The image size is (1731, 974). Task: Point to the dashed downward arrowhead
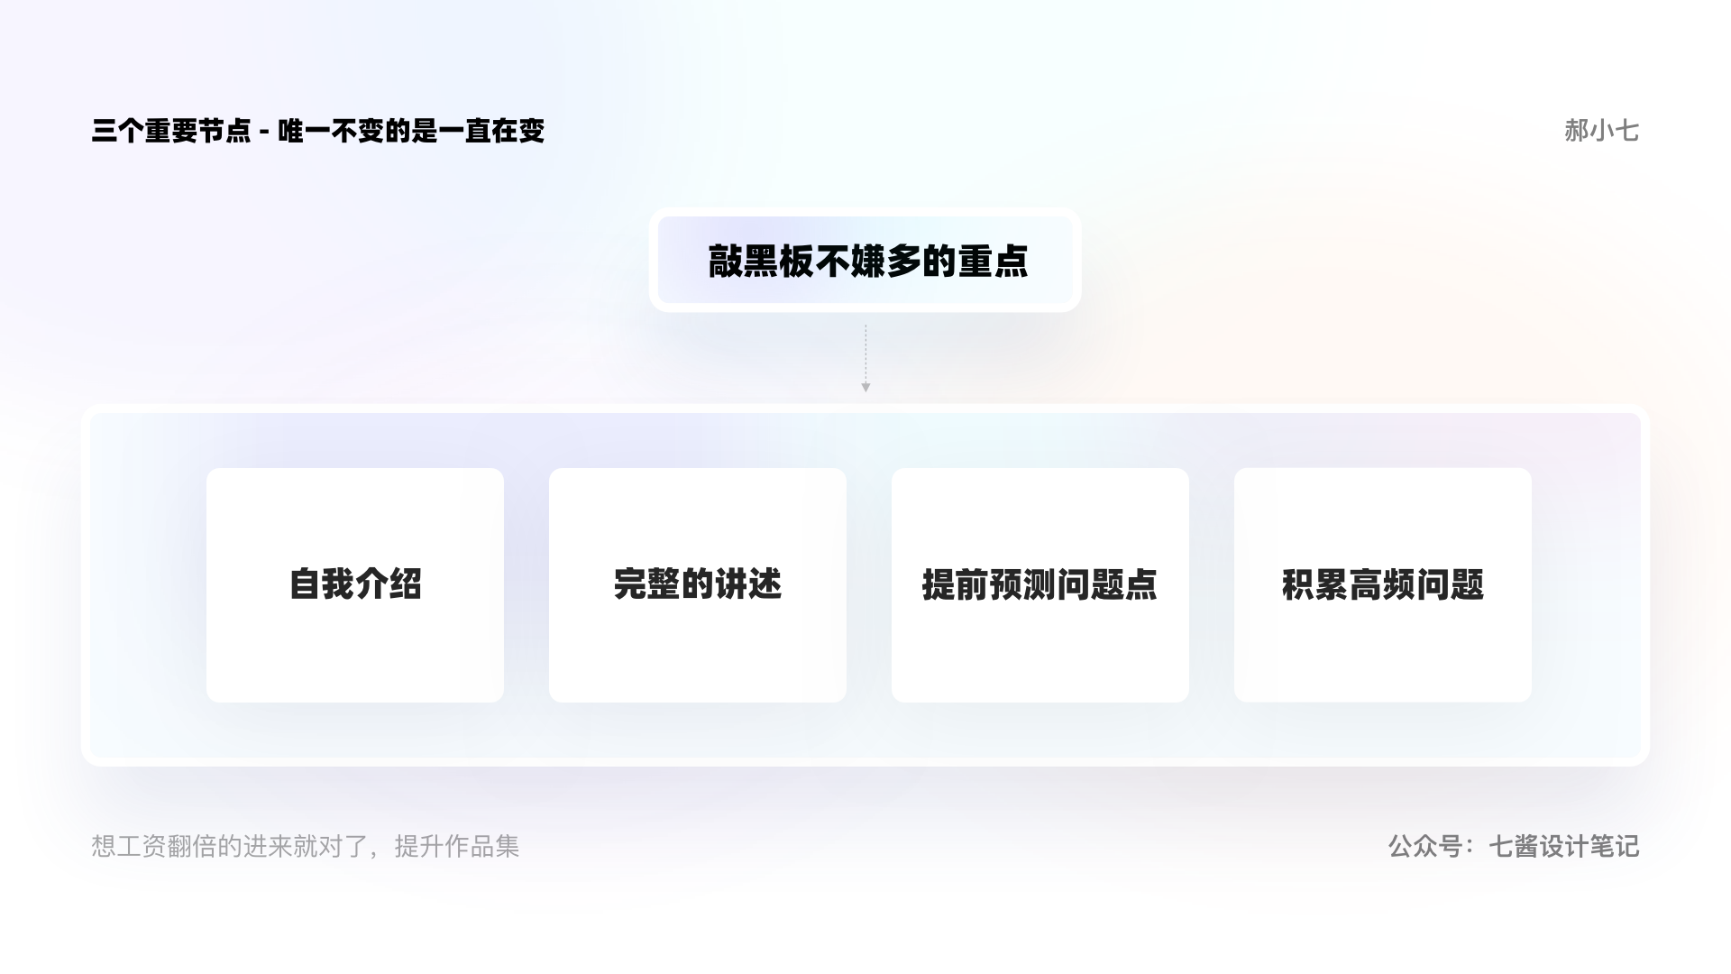[x=865, y=387]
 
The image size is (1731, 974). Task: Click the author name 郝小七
[x=1601, y=131]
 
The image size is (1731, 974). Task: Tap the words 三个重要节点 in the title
[x=171, y=131]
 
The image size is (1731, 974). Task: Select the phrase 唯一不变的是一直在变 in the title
[x=411, y=131]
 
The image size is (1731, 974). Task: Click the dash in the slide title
[x=264, y=133]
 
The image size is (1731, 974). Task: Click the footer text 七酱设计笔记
[x=1564, y=846]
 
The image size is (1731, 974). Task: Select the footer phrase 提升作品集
[x=457, y=846]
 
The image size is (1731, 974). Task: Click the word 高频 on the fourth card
[x=1383, y=584]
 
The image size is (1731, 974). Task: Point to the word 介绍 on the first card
[x=389, y=583]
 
